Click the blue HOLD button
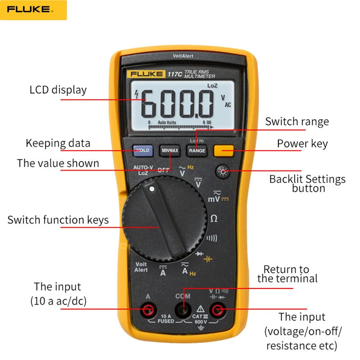143,150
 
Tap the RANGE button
197,150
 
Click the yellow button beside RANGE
224,150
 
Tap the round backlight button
223,171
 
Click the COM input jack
183,310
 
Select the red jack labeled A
148,310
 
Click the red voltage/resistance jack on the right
219,310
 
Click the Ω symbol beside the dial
214,219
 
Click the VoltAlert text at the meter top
183,56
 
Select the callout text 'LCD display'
58,90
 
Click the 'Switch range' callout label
297,121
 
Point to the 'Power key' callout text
302,144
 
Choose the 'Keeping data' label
58,143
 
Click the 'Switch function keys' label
58,220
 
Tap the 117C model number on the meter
175,74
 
